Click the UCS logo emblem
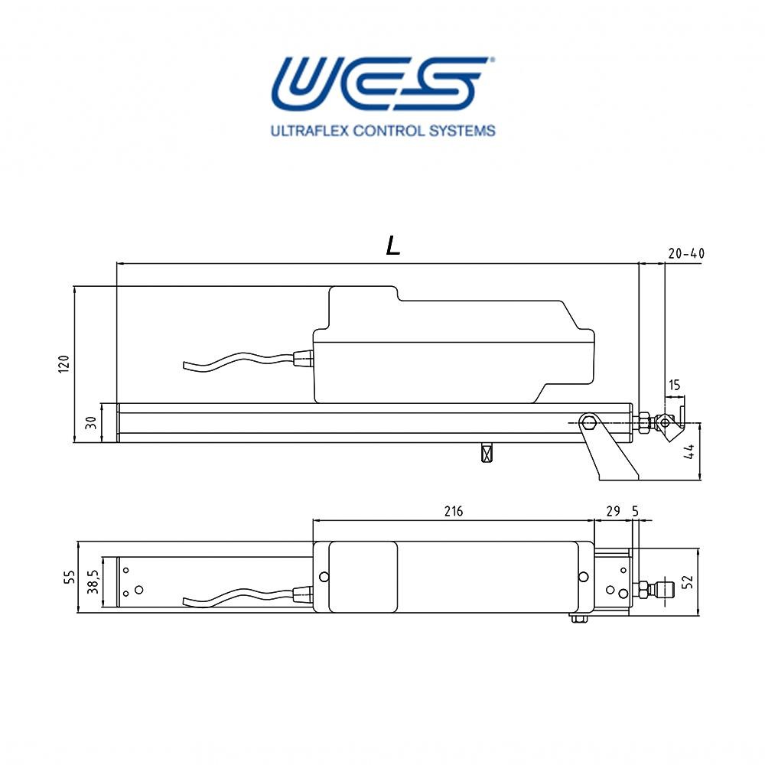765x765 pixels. (380, 83)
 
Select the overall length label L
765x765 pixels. (393, 245)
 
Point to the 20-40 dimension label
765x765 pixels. (685, 253)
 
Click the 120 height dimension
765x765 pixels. (65, 363)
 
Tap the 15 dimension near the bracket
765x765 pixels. (674, 386)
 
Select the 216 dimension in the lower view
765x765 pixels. (454, 511)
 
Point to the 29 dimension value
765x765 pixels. (613, 511)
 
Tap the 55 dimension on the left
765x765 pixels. (68, 578)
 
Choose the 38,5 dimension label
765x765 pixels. (93, 581)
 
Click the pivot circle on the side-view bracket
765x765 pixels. (588, 422)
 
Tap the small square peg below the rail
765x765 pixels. (485, 453)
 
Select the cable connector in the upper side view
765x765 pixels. (303, 359)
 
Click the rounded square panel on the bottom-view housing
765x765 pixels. (363, 577)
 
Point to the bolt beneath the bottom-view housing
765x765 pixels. (578, 618)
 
